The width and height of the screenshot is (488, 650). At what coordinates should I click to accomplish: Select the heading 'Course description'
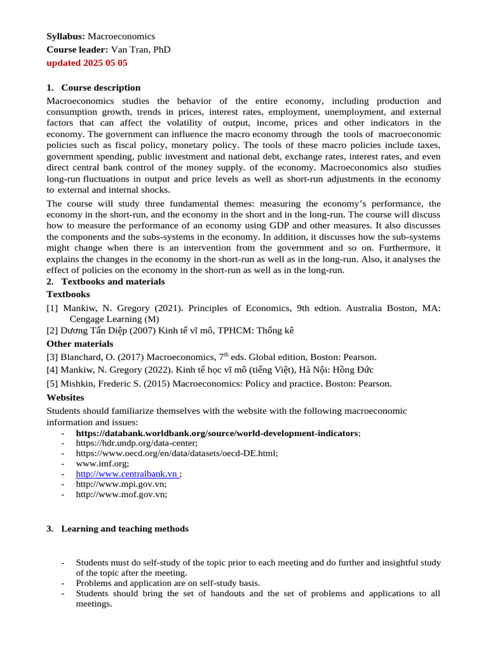click(x=100, y=88)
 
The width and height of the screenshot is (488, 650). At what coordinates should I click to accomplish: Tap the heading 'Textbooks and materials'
click(x=112, y=281)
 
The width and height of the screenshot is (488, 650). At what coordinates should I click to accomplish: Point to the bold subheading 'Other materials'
click(x=80, y=343)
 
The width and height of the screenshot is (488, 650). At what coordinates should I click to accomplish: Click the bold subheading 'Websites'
click(x=65, y=397)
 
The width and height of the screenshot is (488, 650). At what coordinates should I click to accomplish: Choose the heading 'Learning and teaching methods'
click(x=125, y=529)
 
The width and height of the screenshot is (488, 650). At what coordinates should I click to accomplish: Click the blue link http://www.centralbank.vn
click(x=126, y=474)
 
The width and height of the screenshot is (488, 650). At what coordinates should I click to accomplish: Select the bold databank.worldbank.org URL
click(x=217, y=433)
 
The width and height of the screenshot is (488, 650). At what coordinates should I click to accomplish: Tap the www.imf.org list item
click(x=93, y=463)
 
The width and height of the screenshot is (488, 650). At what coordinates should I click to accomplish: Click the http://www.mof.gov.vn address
click(x=121, y=494)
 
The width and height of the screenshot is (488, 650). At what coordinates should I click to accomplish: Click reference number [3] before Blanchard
click(x=52, y=357)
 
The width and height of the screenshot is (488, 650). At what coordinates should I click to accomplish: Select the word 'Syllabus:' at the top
click(x=66, y=36)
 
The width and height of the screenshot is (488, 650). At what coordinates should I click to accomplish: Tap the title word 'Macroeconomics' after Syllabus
click(x=121, y=36)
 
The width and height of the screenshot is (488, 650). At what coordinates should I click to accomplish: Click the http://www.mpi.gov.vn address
click(x=121, y=484)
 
